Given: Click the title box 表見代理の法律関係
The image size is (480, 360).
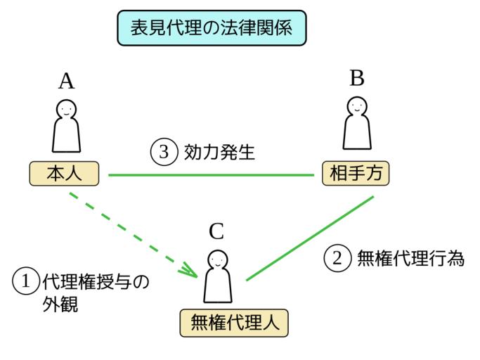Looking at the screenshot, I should click(x=210, y=28).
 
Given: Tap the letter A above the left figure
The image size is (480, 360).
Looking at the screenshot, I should click(x=66, y=82).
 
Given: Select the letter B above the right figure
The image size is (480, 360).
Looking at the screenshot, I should click(x=357, y=77).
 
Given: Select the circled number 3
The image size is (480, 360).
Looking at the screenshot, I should click(x=162, y=151).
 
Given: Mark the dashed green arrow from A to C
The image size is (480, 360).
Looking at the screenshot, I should click(x=134, y=233).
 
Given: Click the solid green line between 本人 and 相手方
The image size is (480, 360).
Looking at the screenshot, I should click(x=211, y=174).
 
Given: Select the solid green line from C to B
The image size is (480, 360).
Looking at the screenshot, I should click(x=309, y=239).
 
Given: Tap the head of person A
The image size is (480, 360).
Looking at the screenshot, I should click(x=66, y=109).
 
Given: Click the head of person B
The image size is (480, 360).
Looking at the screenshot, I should click(x=357, y=105).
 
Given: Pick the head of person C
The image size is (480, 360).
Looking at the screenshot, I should click(x=217, y=259).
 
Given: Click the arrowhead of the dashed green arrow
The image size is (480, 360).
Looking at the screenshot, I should click(x=192, y=270).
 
